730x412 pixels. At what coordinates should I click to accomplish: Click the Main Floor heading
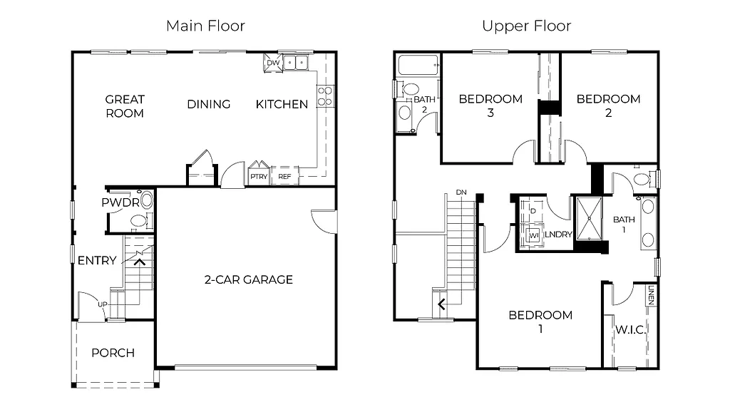[x=205, y=26]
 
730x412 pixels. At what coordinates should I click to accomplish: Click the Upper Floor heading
[x=526, y=26]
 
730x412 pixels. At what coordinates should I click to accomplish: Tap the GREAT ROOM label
[x=125, y=106]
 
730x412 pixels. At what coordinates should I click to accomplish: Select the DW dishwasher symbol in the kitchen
[x=272, y=63]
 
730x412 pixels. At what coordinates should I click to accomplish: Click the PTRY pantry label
[x=258, y=177]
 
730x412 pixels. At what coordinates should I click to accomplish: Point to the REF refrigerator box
[x=284, y=177]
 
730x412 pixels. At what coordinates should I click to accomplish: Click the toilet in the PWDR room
[x=148, y=200]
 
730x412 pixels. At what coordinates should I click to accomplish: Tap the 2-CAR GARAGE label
[x=248, y=279]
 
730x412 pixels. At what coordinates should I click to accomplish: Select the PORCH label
[x=113, y=353]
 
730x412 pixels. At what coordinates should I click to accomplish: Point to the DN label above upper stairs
[x=461, y=192]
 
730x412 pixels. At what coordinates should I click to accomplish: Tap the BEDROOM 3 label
[x=490, y=105]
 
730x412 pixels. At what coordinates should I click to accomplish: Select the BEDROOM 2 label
[x=608, y=105]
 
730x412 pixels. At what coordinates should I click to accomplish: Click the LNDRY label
[x=559, y=235]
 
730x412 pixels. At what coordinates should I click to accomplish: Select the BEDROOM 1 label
[x=540, y=321]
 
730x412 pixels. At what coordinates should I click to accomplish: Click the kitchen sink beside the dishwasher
[x=296, y=63]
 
